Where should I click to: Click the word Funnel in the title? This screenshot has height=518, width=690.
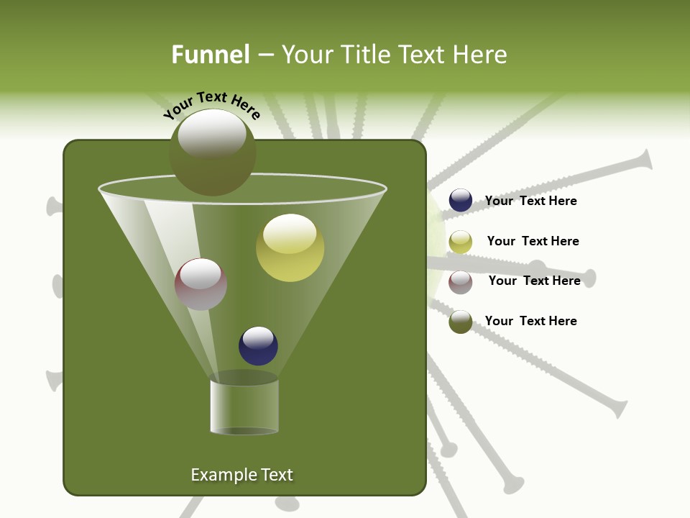pyautogui.click(x=210, y=55)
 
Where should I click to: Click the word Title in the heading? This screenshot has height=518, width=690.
pyautogui.click(x=363, y=55)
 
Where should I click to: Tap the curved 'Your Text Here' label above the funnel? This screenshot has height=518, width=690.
pyautogui.click(x=211, y=106)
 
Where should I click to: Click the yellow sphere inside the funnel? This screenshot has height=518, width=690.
pyautogui.click(x=290, y=248)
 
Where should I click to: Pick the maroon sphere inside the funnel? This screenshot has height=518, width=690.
pyautogui.click(x=201, y=284)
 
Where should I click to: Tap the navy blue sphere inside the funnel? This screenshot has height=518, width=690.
pyautogui.click(x=258, y=346)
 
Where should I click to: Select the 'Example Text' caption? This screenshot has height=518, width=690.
pyautogui.click(x=242, y=475)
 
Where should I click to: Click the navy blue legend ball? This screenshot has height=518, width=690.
pyautogui.click(x=461, y=201)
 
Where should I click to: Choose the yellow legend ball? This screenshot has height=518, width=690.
pyautogui.click(x=461, y=242)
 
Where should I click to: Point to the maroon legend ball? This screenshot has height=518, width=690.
pyautogui.click(x=461, y=282)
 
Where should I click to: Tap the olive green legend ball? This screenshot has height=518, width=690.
pyautogui.click(x=461, y=322)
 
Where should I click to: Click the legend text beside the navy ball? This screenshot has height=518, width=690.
pyautogui.click(x=530, y=201)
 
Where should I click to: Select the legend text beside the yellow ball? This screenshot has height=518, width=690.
pyautogui.click(x=533, y=241)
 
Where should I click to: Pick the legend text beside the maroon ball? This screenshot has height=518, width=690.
pyautogui.click(x=534, y=281)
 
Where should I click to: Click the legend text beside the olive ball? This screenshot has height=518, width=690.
pyautogui.click(x=530, y=321)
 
